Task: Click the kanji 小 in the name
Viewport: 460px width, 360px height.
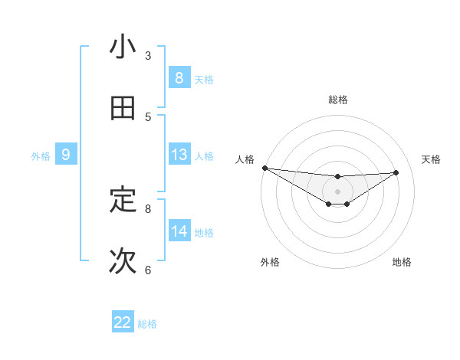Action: click(x=123, y=47)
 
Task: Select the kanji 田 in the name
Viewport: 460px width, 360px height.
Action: click(x=123, y=109)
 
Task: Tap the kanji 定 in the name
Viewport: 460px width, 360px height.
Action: click(x=123, y=201)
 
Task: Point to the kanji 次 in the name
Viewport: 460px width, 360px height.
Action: click(x=123, y=261)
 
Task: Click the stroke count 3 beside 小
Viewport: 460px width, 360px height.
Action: click(x=148, y=55)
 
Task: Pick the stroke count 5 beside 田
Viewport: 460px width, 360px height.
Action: click(x=148, y=116)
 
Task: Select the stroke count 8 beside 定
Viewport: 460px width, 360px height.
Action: click(x=148, y=208)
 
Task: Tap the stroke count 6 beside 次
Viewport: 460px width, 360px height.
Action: click(x=148, y=270)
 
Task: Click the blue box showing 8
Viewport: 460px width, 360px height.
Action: click(x=179, y=77)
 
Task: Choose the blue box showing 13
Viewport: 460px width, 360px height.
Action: click(x=179, y=155)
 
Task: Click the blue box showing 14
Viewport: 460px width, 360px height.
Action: click(x=179, y=231)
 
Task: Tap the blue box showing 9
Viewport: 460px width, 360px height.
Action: click(x=66, y=155)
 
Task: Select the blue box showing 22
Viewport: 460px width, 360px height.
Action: click(x=123, y=322)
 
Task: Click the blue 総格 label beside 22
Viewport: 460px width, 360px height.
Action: click(x=147, y=324)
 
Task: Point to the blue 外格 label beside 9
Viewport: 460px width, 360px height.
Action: click(x=41, y=156)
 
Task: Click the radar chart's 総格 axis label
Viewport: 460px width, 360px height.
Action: click(x=338, y=100)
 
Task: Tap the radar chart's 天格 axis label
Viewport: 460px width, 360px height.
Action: click(x=432, y=159)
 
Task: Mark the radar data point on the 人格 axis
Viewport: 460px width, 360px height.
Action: click(x=264, y=168)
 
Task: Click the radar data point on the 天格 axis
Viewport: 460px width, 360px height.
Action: click(x=396, y=172)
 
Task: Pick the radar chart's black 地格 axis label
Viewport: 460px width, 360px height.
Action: click(x=402, y=263)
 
